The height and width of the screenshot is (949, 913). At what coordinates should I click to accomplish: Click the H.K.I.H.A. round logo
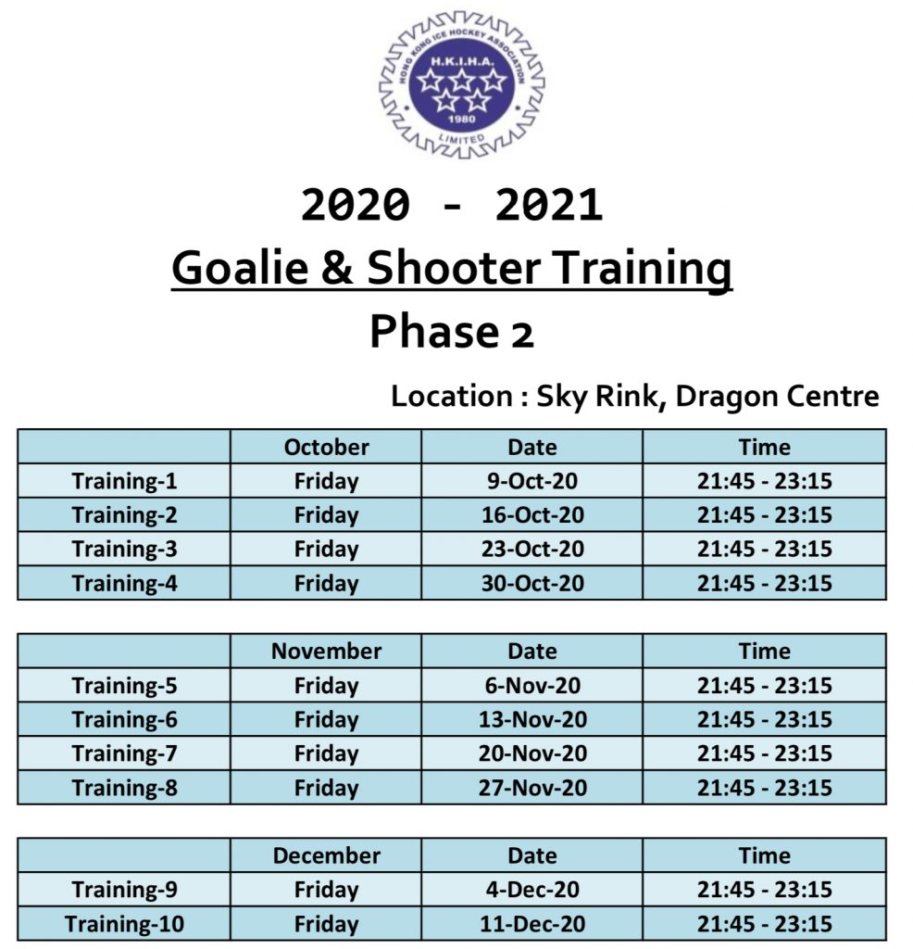point(461,84)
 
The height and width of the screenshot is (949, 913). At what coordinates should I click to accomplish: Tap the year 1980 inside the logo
point(461,119)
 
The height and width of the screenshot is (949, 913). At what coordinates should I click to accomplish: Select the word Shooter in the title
point(454,267)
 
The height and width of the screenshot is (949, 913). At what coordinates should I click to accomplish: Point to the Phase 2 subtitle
point(452,332)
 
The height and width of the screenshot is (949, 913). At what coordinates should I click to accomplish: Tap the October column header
point(326,447)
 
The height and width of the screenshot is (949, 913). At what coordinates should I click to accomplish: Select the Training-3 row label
point(125,549)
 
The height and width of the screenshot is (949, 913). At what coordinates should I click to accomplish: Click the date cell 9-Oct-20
point(532,481)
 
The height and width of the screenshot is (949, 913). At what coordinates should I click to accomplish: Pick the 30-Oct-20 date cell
point(532,583)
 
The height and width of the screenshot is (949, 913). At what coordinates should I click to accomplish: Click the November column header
point(326,651)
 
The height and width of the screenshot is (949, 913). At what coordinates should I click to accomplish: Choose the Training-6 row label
point(125,719)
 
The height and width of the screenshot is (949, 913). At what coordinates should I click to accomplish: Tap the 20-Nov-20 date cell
point(532,753)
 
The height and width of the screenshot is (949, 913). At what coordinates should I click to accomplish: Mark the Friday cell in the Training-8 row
point(326,788)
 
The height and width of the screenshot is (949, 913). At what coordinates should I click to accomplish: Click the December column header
point(326,855)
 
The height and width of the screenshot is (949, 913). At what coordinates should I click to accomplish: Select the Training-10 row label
point(125,924)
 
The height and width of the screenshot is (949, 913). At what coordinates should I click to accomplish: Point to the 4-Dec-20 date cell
point(532,889)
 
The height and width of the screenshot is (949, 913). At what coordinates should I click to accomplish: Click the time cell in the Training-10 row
point(764,924)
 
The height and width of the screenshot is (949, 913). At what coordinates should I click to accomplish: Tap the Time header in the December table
point(764,855)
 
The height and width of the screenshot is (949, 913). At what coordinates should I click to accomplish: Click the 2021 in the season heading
point(548,205)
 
